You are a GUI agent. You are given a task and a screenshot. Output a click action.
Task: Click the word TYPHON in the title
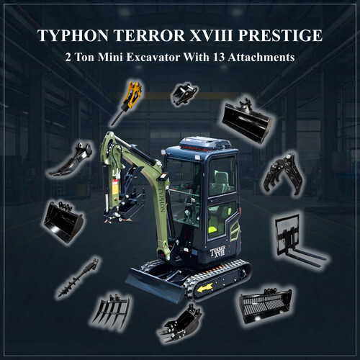(x=73, y=35)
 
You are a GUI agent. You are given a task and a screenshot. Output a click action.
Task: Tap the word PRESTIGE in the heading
(x=280, y=35)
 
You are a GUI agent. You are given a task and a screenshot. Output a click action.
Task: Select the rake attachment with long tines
(x=112, y=312)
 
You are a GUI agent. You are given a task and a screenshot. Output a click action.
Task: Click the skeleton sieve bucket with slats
(x=266, y=305)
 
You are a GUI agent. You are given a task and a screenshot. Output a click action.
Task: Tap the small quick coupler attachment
(x=184, y=94)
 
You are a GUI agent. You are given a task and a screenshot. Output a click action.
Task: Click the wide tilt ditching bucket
(x=247, y=121)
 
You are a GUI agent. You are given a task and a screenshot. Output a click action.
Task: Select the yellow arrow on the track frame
(x=204, y=287)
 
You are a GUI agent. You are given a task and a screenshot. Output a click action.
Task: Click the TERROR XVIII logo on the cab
(x=217, y=252)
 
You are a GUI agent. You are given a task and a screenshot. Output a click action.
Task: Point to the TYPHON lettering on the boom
(x=161, y=199)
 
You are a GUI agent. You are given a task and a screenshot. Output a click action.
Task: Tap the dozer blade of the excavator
(x=155, y=286)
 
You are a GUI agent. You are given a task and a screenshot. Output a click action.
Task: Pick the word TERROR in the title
(x=149, y=35)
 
